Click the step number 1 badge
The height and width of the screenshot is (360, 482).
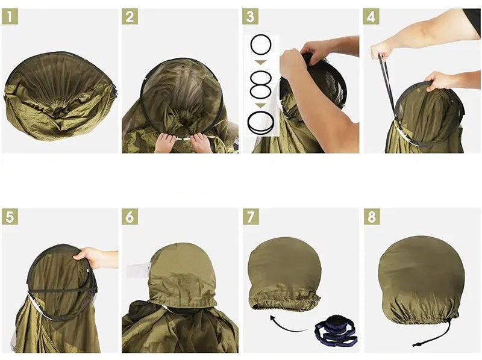click(x=10, y=17)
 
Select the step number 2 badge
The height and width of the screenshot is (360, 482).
click(x=130, y=17)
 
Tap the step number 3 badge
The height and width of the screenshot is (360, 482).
click(x=250, y=17)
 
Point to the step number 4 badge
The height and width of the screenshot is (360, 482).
click(x=371, y=17)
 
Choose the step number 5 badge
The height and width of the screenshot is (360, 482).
click(x=10, y=217)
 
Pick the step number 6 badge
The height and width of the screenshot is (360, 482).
click(x=130, y=217)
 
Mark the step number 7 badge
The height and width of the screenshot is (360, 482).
click(x=251, y=217)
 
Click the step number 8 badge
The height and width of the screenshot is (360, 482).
click(x=372, y=217)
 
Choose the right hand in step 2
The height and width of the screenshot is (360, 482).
click(x=201, y=143)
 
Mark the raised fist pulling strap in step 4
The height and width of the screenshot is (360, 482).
click(x=381, y=51)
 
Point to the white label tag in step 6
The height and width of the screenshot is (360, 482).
click(x=138, y=270)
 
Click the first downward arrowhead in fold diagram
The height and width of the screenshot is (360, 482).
click(x=261, y=63)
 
